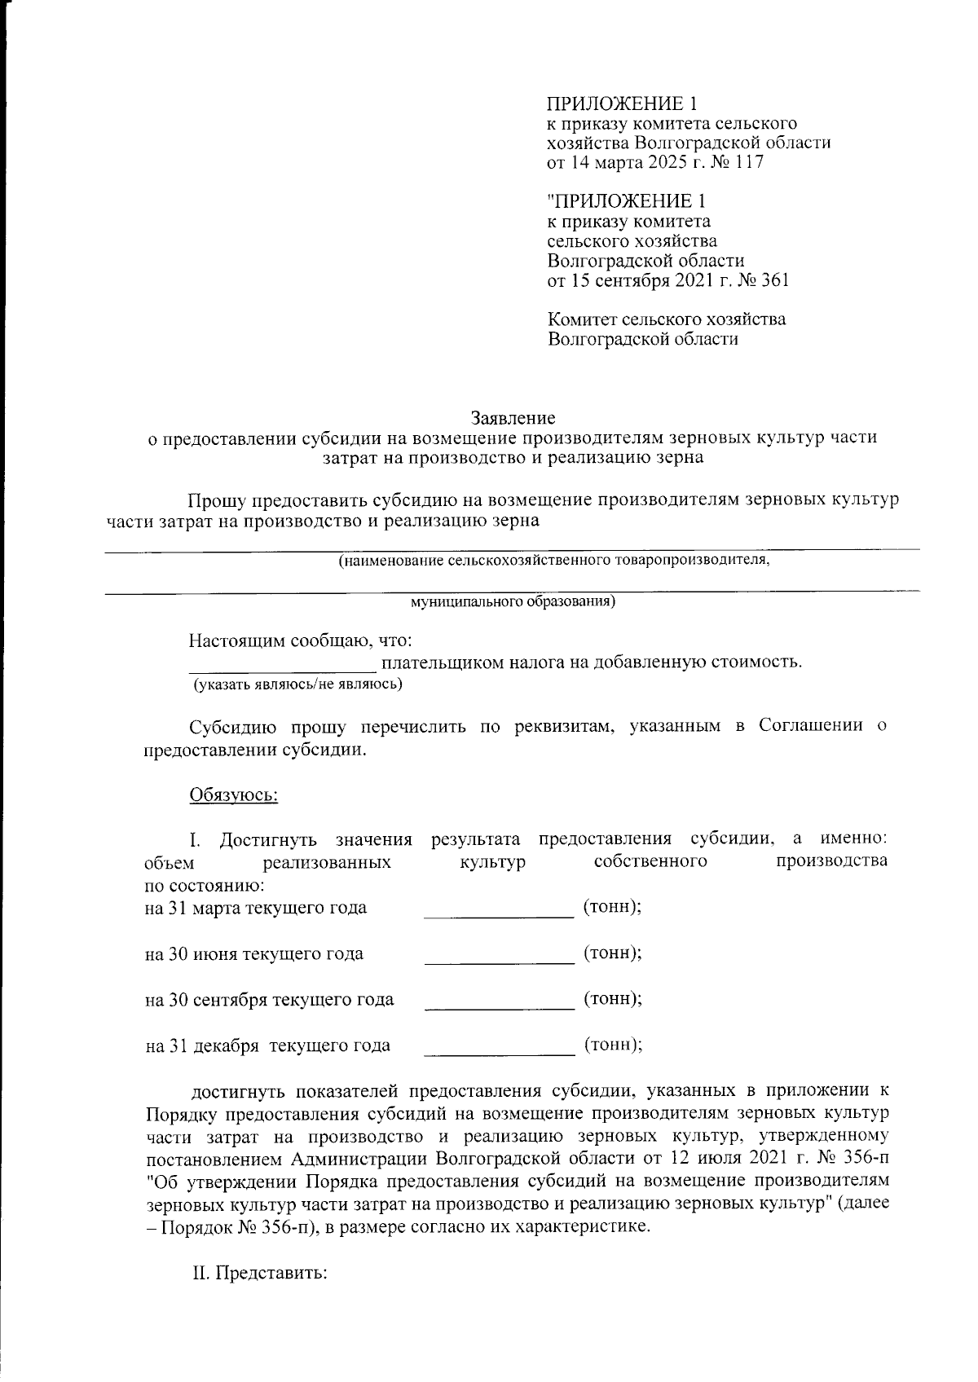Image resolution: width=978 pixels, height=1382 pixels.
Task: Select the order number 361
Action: tap(773, 281)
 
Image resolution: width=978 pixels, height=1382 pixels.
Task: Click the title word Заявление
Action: tap(513, 419)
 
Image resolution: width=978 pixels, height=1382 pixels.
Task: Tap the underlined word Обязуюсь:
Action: tap(234, 794)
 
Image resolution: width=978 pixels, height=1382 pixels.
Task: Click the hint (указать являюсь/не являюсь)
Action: tap(297, 684)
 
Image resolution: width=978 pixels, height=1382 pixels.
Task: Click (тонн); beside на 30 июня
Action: tap(612, 953)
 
